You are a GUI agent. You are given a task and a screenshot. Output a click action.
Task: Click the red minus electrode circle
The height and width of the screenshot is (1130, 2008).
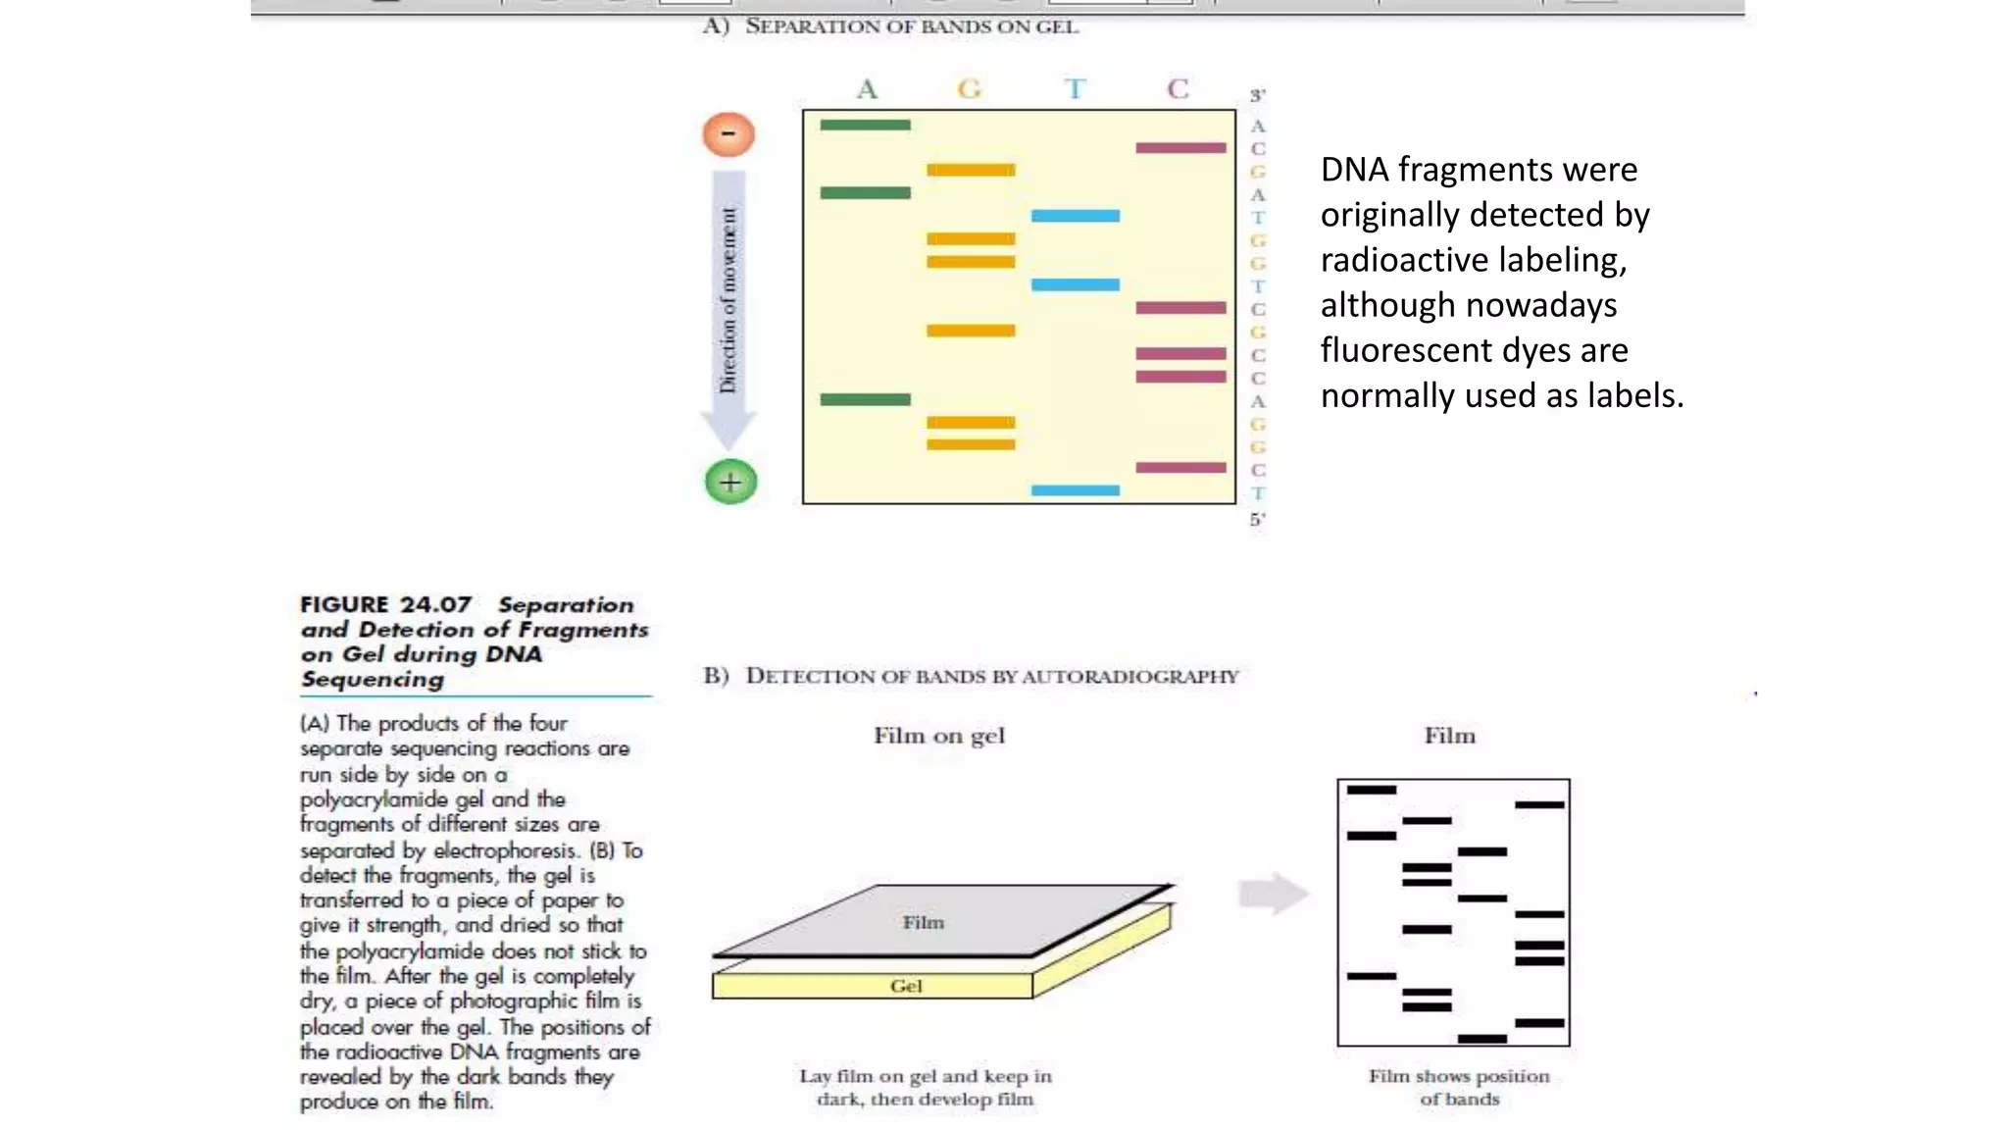728,134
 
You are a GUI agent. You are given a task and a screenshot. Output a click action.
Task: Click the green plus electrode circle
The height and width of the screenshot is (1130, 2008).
730,482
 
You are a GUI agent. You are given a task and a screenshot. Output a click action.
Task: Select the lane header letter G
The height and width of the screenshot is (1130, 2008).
969,89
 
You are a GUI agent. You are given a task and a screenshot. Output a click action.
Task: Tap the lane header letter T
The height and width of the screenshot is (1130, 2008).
1075,89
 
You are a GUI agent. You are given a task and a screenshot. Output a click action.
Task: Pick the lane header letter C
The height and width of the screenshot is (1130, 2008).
1178,89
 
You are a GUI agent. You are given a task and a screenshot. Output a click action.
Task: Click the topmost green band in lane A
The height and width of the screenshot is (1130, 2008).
865,125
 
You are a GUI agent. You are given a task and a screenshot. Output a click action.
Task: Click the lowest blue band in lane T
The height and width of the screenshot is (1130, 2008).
1075,489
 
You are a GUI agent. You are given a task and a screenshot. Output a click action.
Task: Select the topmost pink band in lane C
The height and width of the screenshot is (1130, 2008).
1180,148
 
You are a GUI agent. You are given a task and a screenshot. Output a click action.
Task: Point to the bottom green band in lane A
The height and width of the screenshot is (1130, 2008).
865,399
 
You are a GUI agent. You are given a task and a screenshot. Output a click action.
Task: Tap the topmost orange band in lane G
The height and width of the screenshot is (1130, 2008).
971,171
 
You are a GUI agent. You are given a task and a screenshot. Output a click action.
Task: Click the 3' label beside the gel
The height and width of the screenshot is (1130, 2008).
1257,95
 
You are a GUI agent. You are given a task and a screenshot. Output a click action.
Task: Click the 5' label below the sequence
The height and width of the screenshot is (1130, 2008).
1257,519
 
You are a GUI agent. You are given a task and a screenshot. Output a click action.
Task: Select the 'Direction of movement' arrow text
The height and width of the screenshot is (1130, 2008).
728,299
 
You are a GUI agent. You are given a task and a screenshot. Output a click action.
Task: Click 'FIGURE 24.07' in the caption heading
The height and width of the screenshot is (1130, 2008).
385,604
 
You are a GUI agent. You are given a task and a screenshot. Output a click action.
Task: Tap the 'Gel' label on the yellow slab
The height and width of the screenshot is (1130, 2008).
906,986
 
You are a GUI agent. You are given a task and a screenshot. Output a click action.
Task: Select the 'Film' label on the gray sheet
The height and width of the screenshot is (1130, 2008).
923,922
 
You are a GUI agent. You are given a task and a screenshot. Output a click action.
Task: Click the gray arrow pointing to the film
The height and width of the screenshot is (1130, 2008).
1273,894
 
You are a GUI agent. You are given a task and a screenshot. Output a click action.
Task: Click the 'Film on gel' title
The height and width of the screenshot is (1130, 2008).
938,736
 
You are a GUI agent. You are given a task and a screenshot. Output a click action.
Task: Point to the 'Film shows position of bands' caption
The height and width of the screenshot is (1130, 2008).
1459,1087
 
